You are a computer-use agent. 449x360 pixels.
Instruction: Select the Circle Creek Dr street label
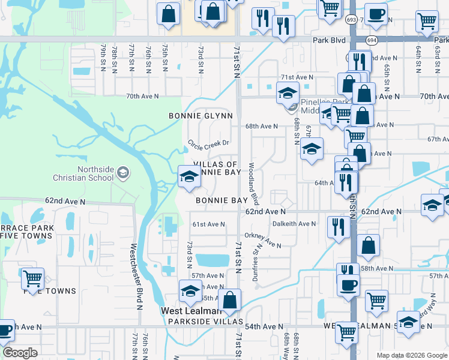[x=209, y=144]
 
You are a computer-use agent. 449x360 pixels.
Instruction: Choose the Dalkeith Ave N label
[x=294, y=224]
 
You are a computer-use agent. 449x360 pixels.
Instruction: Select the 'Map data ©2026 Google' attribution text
[x=412, y=355]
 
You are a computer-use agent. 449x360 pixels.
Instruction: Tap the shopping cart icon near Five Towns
[x=32, y=279]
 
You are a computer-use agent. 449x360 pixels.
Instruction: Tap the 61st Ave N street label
[x=208, y=224]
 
